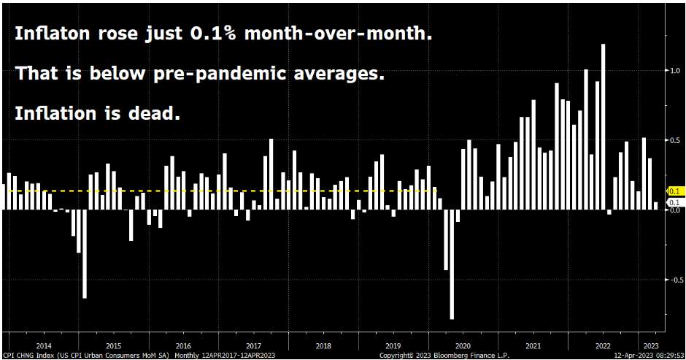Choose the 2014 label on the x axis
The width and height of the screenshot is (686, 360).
coord(43,345)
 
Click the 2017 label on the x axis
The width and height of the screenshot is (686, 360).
coord(253,345)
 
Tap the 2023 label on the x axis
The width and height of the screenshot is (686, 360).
coord(649,345)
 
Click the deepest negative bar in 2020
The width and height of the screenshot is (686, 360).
coord(452,264)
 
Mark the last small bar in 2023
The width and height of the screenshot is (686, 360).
coord(656,206)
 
